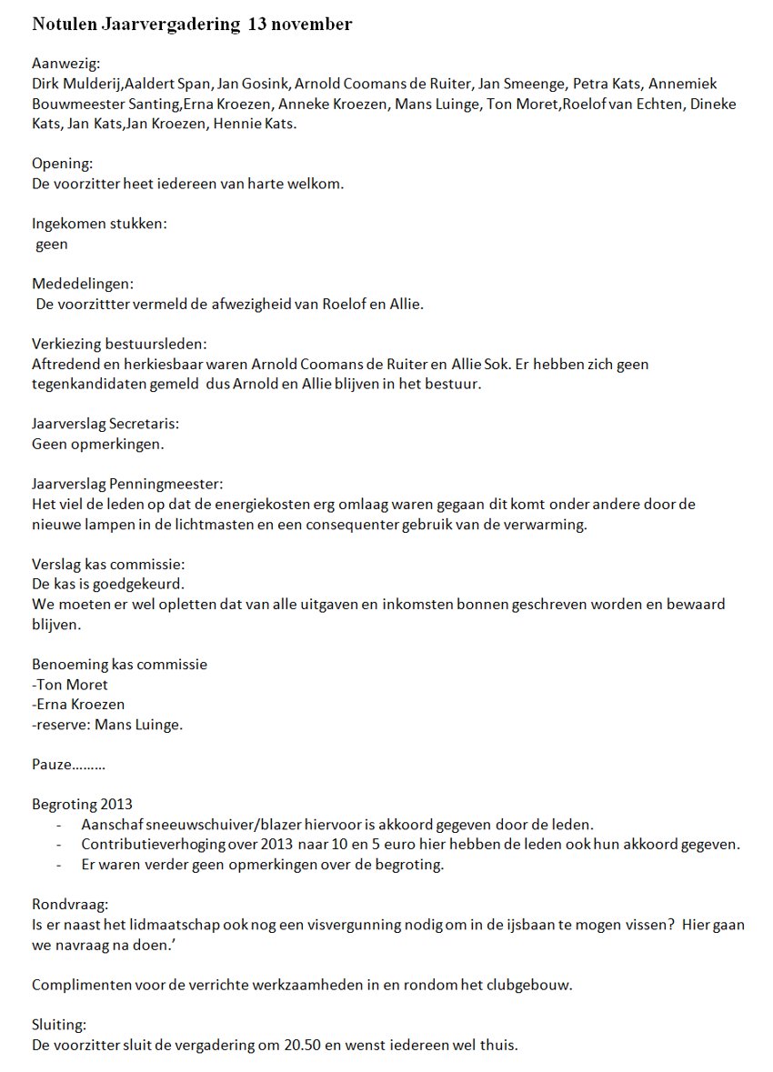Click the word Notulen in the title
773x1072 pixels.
pyautogui.click(x=62, y=25)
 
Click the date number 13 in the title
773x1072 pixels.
pyautogui.click(x=256, y=25)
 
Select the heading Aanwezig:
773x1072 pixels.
pyautogui.click(x=66, y=64)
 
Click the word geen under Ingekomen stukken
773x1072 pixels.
pyautogui.click(x=52, y=244)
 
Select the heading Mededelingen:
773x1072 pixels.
pyautogui.click(x=83, y=284)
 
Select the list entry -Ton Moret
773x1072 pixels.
pyautogui.click(x=69, y=684)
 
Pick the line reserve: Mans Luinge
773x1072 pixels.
pyautogui.click(x=107, y=724)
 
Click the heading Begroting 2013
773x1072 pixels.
pyautogui.click(x=82, y=804)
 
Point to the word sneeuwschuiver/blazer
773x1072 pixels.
pyautogui.click(x=221, y=824)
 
